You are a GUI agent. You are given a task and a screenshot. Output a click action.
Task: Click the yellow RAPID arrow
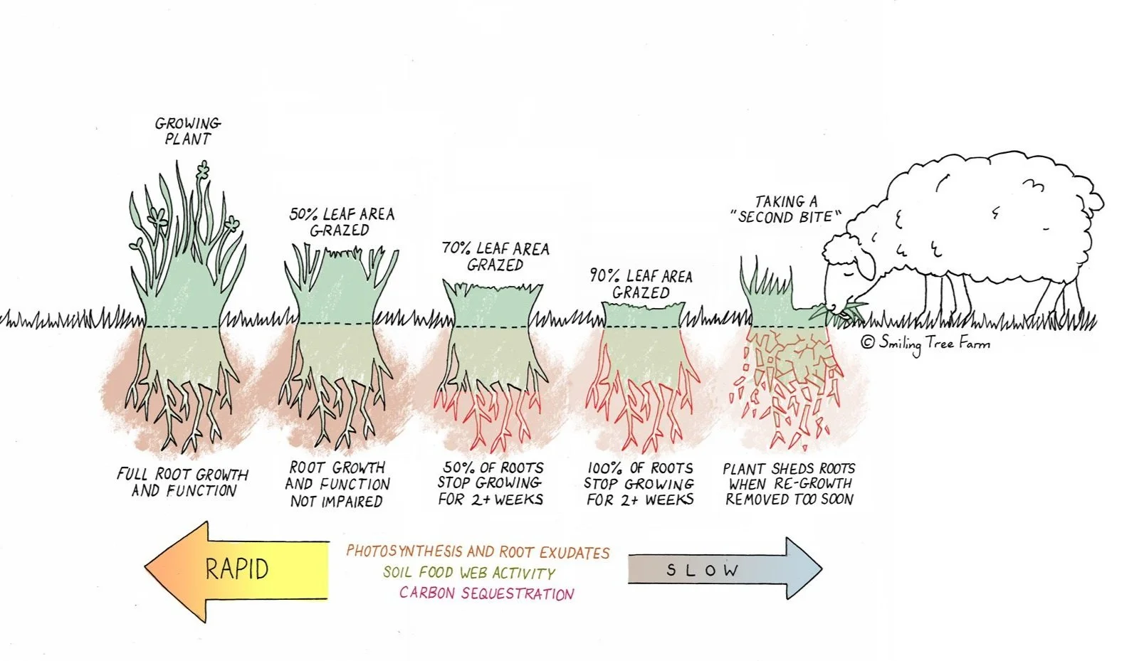[x=235, y=569]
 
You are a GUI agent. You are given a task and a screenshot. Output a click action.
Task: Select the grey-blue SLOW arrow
[x=723, y=569]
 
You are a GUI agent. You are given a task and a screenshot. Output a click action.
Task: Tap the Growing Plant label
[x=188, y=132]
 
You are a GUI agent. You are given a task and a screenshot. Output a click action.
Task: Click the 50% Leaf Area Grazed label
[x=341, y=222]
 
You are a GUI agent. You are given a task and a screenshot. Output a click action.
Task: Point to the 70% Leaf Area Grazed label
[x=495, y=256]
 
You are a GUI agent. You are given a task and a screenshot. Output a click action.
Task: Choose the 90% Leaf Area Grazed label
[x=641, y=284]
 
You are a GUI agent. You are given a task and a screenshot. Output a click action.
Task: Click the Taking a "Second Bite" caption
[x=787, y=209]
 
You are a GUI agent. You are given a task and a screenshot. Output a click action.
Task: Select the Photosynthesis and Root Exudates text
[x=478, y=552]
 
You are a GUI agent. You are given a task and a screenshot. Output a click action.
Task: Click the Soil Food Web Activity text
[x=468, y=573]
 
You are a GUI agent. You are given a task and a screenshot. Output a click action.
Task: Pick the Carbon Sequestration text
[x=486, y=593]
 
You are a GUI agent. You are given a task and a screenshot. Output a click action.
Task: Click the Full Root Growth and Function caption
[x=183, y=482]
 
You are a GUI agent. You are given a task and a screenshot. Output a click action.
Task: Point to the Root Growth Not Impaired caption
[x=337, y=485]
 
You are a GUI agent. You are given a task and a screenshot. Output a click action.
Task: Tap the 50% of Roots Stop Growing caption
[x=490, y=484]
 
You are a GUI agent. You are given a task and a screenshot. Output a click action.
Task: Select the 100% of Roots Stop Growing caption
[x=639, y=484]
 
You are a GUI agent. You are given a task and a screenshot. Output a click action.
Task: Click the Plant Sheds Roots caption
[x=789, y=484]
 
